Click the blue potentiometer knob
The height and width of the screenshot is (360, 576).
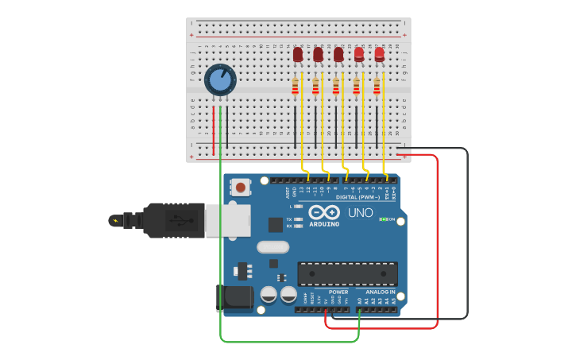point(220,80)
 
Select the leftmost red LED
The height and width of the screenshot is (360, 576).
point(298,55)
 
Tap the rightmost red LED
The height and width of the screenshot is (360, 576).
point(380,54)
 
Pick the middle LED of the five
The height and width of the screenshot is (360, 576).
point(338,55)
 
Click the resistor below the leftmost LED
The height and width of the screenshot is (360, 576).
point(296,86)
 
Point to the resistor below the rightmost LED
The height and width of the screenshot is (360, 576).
point(377,86)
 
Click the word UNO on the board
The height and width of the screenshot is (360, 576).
point(361,212)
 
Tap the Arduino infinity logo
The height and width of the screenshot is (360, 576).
point(324,212)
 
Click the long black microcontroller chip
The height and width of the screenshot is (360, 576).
point(347,273)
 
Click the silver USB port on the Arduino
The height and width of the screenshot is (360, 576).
point(228,220)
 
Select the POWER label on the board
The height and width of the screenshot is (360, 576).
point(338,292)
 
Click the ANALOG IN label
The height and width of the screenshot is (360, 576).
point(381,292)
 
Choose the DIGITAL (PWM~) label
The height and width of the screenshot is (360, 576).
point(358,197)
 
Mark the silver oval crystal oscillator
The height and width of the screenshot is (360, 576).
point(273,247)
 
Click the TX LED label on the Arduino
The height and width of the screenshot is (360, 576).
point(288,219)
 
